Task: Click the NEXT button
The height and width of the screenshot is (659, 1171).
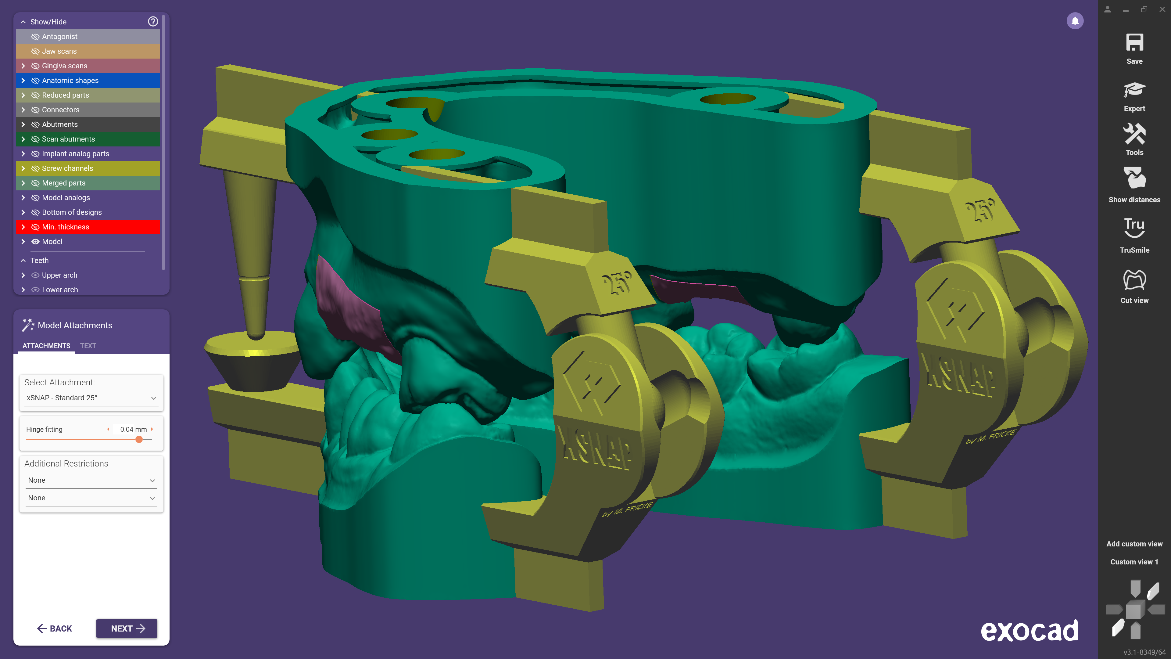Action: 127,628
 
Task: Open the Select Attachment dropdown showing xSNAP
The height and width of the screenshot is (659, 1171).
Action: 91,398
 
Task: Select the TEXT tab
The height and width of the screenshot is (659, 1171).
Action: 88,346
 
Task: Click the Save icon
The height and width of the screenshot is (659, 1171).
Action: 1134,44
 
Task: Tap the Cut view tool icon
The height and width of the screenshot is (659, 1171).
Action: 1134,280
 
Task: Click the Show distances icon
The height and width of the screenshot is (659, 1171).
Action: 1134,178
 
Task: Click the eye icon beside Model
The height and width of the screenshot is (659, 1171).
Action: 35,242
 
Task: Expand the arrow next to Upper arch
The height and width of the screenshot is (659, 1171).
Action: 23,275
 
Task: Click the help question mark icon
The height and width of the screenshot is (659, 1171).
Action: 153,21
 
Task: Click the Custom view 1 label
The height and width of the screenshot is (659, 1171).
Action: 1134,562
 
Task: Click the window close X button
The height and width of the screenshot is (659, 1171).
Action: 1162,9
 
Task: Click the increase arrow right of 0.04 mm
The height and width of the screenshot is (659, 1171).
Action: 152,429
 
